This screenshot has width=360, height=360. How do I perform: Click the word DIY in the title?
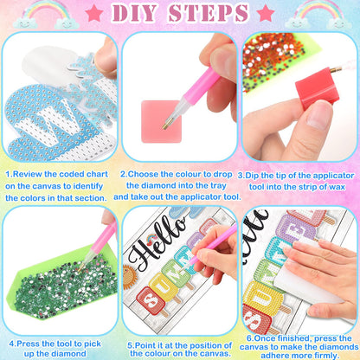tap(135, 13)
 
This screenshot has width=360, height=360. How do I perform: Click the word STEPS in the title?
tap(209, 13)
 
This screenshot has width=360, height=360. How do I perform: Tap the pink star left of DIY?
tap(94, 14)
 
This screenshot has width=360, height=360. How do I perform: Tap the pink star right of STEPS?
tap(266, 14)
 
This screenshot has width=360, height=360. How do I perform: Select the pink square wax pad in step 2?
tap(161, 121)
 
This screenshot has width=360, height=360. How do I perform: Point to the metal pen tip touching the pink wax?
tap(166, 125)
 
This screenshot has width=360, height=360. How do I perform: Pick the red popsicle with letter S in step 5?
tap(151, 301)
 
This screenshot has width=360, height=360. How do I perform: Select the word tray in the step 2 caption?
tap(218, 186)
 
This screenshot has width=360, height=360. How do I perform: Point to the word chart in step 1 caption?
tap(97, 174)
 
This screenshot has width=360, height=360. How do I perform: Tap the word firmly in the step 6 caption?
tap(325, 356)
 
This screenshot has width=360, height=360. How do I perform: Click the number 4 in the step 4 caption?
tap(11, 344)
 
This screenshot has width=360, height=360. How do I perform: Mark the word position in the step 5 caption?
tap(207, 345)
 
